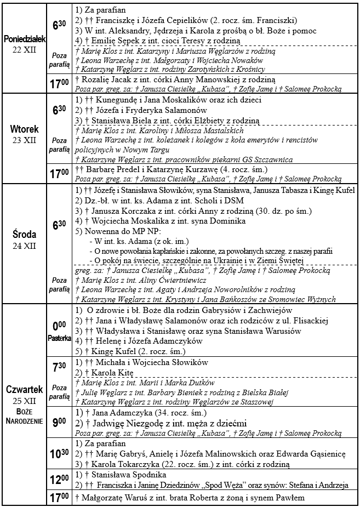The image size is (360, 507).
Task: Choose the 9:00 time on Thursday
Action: coord(59,423)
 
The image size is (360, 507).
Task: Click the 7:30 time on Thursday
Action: coord(59,368)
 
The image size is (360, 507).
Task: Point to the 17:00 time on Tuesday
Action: coord(59,174)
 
